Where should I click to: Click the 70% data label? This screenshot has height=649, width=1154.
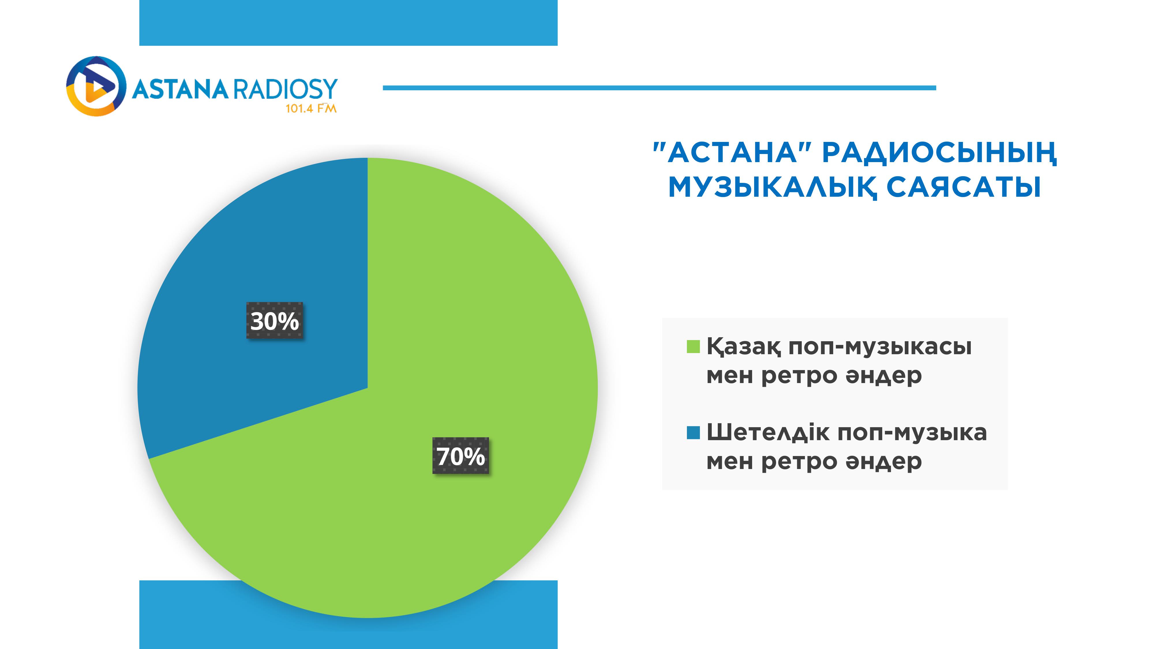click(460, 455)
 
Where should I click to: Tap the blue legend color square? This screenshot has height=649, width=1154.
click(693, 433)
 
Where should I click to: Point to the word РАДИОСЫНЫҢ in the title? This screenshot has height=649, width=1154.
click(939, 153)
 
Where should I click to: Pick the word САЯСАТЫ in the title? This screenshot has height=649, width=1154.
click(964, 187)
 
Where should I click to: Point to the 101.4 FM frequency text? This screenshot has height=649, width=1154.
click(311, 108)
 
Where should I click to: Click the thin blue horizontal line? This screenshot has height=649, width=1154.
click(660, 88)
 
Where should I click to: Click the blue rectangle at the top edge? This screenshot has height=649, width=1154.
click(349, 23)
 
